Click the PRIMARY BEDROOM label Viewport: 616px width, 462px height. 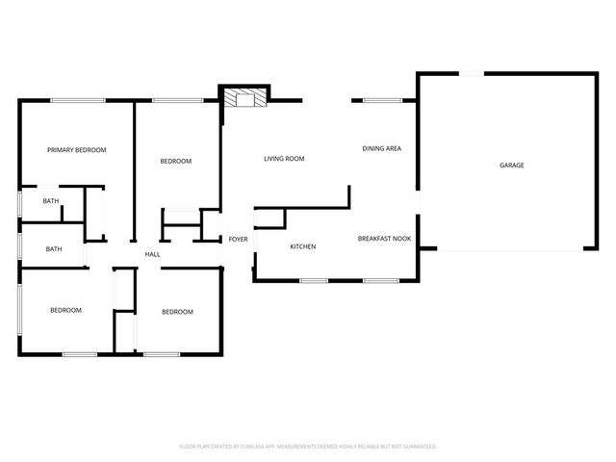(77, 150)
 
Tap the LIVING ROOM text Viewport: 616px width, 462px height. (284, 159)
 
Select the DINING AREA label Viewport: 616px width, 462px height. (381, 148)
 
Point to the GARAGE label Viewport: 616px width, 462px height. (511, 166)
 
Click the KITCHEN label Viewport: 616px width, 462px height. (303, 247)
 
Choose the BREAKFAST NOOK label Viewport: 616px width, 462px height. (384, 238)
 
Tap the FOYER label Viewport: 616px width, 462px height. (238, 239)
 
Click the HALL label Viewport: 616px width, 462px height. (152, 254)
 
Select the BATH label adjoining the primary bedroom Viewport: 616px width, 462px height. (50, 201)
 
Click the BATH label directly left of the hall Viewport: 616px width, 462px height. (54, 249)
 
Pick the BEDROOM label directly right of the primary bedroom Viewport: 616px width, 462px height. (175, 161)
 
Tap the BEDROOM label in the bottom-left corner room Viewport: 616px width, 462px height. (65, 310)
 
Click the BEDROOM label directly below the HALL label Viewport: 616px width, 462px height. (177, 312)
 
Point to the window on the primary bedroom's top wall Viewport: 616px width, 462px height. (78, 100)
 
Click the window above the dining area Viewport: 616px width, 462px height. (382, 100)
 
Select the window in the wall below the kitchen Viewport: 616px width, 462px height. (314, 280)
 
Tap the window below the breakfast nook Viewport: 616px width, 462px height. (381, 280)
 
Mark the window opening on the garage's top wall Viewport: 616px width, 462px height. (471, 72)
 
